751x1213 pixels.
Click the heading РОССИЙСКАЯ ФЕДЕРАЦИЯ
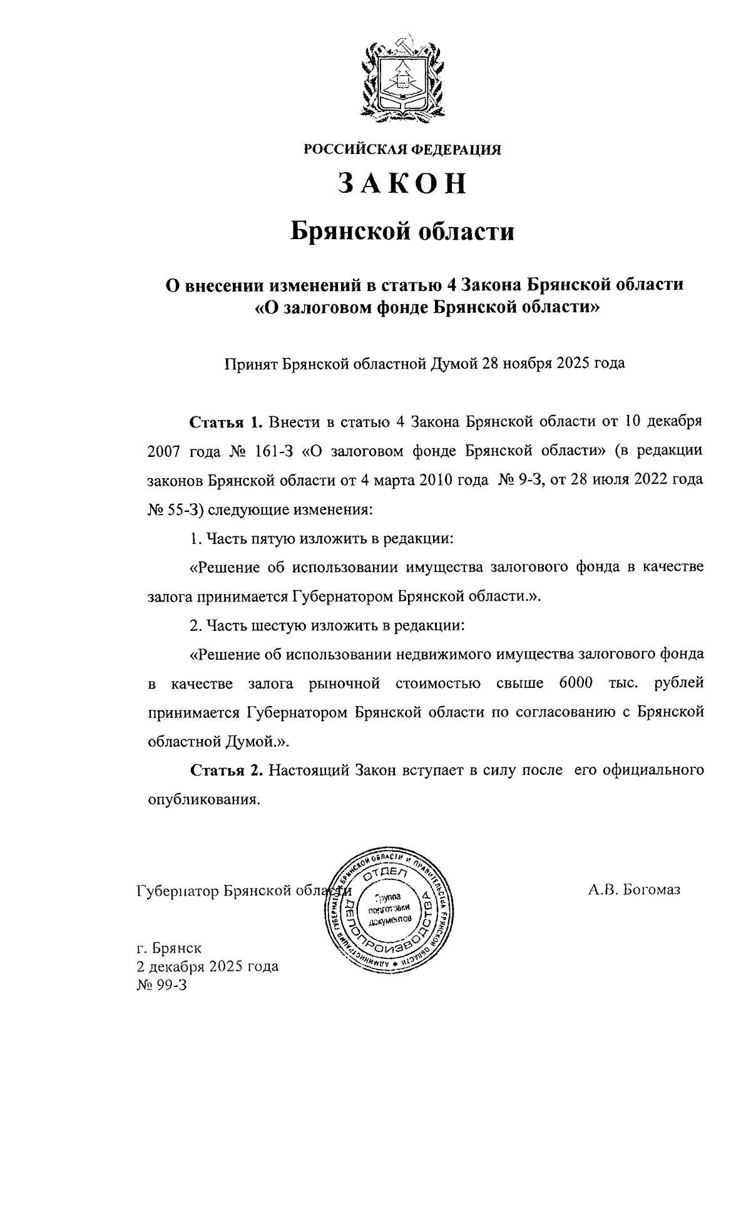tap(402, 149)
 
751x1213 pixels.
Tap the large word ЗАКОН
tap(402, 183)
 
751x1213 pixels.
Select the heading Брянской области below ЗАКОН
tap(402, 232)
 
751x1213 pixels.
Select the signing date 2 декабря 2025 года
tap(208, 966)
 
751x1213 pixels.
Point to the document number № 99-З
tap(161, 985)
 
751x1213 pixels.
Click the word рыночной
tap(345, 683)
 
